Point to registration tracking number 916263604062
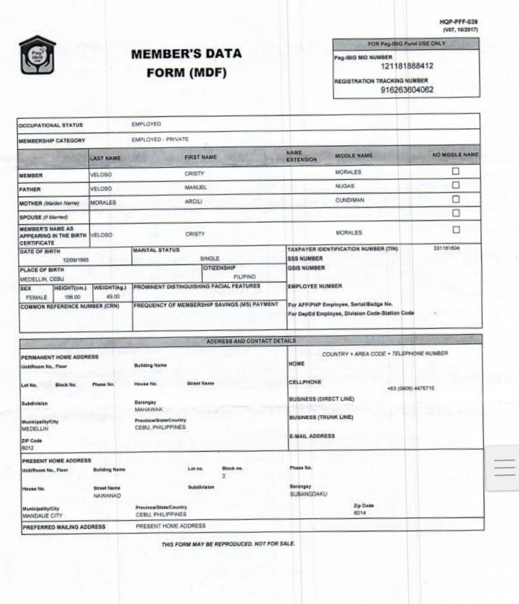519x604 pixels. [407, 90]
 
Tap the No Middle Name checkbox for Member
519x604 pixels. [456, 171]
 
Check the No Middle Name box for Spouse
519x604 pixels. [456, 213]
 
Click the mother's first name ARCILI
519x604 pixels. [194, 202]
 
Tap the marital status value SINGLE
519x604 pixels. [209, 258]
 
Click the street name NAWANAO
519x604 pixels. [107, 496]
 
